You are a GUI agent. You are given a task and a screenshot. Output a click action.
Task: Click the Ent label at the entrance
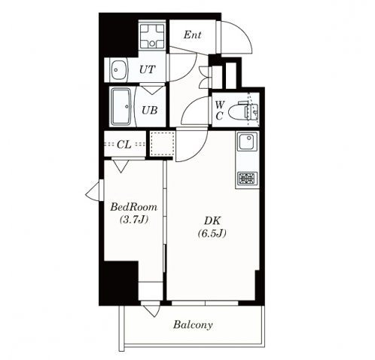[x=192, y=35]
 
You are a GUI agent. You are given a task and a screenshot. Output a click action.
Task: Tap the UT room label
[x=148, y=69]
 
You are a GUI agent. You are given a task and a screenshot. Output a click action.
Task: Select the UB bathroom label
[x=150, y=110]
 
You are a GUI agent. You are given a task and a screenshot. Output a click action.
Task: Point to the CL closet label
[x=124, y=145]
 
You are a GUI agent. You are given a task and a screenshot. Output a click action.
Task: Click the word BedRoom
[x=134, y=207]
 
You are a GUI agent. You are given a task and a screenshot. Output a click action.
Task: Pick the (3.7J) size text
[x=134, y=219]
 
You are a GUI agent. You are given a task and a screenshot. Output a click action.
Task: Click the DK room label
[x=212, y=221]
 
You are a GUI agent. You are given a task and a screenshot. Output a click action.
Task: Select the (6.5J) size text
[x=212, y=233]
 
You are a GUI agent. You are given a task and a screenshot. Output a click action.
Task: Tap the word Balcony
[x=193, y=325]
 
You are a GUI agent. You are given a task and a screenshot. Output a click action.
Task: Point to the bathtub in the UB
[x=121, y=107]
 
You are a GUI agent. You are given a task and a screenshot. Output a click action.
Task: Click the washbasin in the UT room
[x=119, y=70]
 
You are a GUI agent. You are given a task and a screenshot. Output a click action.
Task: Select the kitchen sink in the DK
[x=248, y=142]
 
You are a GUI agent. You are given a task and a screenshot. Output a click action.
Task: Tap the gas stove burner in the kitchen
[x=248, y=178]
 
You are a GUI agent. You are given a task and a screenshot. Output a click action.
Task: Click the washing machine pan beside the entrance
[x=152, y=36]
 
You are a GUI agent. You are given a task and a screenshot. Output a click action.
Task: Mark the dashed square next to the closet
[x=163, y=144]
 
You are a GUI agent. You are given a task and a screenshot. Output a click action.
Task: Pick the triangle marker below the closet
[x=120, y=166]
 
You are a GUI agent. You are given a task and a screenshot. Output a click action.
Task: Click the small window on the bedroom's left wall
[x=95, y=191]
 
